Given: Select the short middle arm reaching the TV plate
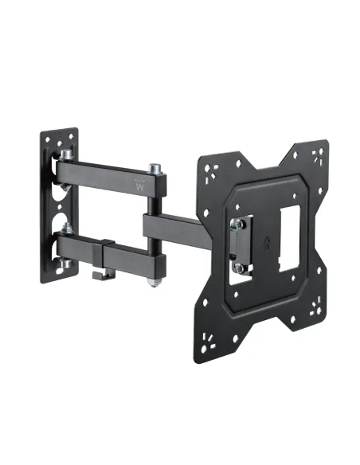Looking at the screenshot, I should [x=179, y=226].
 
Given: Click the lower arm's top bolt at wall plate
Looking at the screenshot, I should [x=66, y=231].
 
